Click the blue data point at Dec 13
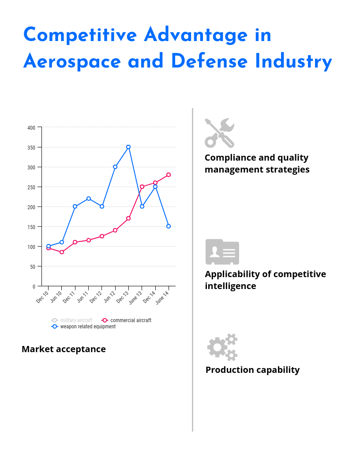click(x=128, y=147)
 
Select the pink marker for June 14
click(x=169, y=175)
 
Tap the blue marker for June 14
click(x=169, y=226)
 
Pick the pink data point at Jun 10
click(x=62, y=252)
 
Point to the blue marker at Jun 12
click(x=115, y=167)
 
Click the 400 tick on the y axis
click(x=31, y=128)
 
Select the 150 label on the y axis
click(x=31, y=227)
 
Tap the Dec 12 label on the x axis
click(x=97, y=297)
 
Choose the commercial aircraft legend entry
click(x=127, y=320)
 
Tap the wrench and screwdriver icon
click(x=219, y=133)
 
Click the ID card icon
click(x=222, y=252)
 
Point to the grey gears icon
click(x=222, y=347)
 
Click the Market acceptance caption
click(x=64, y=349)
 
